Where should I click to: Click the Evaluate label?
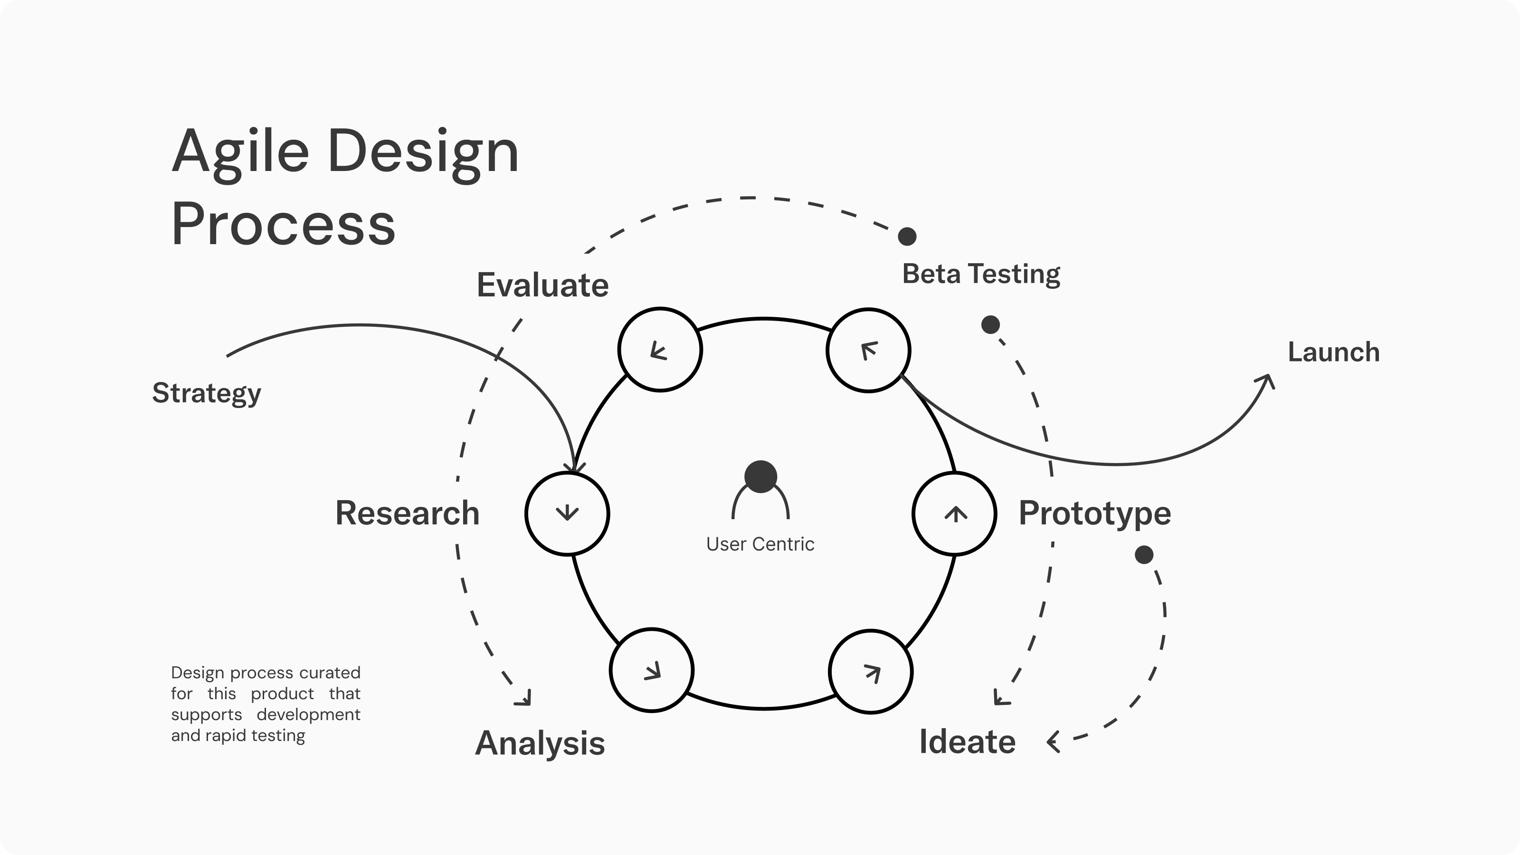(542, 285)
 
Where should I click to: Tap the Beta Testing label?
(981, 274)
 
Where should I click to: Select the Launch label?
(1333, 352)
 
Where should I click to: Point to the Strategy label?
(207, 393)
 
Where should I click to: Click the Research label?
(407, 513)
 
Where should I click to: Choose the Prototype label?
(1094, 513)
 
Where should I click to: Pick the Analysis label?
(540, 743)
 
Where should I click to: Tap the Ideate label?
(967, 741)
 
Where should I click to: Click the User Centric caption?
(760, 544)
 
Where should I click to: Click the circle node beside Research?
(567, 513)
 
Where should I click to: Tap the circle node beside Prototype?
(955, 514)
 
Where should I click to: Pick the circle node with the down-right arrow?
(651, 670)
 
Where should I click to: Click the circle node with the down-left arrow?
(660, 350)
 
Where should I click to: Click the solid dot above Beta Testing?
(907, 236)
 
